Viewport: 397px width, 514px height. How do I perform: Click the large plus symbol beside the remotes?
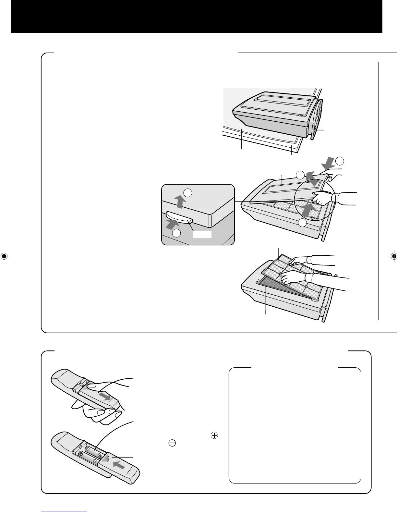[x=214, y=435]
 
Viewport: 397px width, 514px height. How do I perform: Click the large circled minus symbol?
[x=172, y=443]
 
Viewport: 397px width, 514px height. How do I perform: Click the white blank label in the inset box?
[x=202, y=235]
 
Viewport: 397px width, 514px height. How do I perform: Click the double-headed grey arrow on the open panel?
[x=312, y=179]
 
